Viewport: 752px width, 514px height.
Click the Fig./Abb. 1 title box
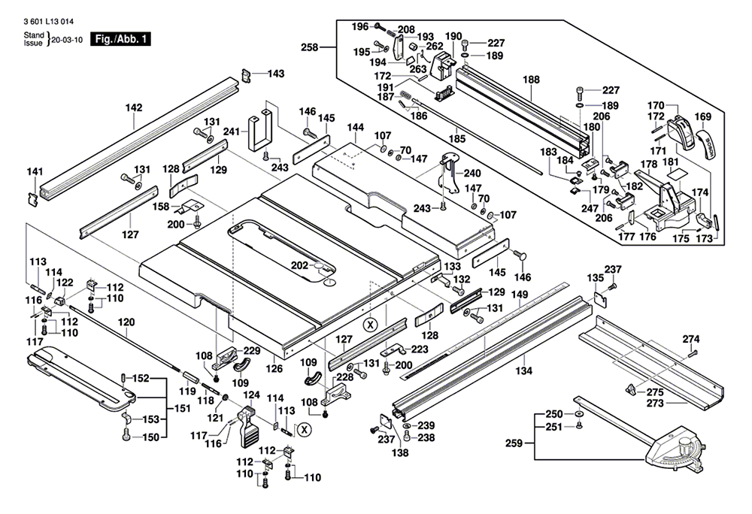tap(120, 39)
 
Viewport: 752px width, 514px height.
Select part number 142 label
tap(134, 107)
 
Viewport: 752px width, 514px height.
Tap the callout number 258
tap(310, 47)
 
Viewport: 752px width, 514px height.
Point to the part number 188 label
tap(532, 80)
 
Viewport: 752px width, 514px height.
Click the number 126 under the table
tap(274, 368)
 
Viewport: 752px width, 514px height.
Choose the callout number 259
tap(514, 443)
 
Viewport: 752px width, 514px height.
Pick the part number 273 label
tap(655, 404)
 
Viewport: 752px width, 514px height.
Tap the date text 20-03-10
tap(67, 40)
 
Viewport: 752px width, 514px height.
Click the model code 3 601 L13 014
tap(48, 22)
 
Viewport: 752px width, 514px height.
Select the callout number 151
tap(182, 409)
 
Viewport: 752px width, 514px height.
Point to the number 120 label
tap(126, 322)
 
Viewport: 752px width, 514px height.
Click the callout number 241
tap(232, 132)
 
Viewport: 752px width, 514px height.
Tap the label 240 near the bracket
tap(472, 173)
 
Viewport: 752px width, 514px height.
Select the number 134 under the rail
tap(523, 370)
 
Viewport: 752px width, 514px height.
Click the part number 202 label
tap(300, 265)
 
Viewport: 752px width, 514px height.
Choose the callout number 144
tap(356, 128)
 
